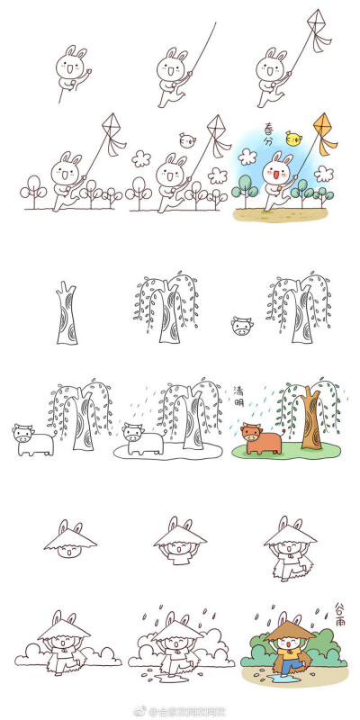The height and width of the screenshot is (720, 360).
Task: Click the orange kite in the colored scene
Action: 323,123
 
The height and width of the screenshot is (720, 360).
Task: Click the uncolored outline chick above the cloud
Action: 188,139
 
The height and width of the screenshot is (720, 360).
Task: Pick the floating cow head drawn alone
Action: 240,325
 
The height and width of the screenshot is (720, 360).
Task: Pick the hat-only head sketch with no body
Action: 67,541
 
